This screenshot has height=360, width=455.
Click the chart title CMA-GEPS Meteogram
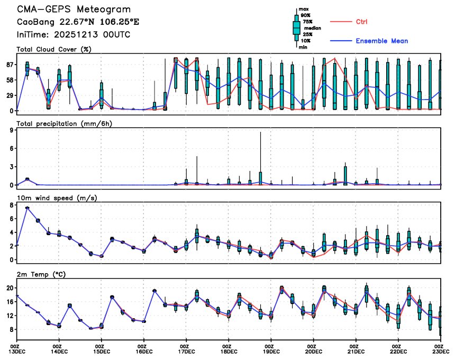pos(74,10)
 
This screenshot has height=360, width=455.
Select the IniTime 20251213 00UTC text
pos(74,34)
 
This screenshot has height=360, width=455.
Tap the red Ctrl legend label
pos(362,22)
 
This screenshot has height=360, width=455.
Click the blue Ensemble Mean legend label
pos(381,41)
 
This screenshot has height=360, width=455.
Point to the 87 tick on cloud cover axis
pos(9,65)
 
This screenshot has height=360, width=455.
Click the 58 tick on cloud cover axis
pos(9,80)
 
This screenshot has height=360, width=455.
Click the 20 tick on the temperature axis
pos(9,288)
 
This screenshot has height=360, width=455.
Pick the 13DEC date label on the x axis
pos(17,351)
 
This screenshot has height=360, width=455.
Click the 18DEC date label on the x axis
pos(229,351)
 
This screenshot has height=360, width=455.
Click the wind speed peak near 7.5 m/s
pos(28,208)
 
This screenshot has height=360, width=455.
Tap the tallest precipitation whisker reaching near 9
pos(260,133)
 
